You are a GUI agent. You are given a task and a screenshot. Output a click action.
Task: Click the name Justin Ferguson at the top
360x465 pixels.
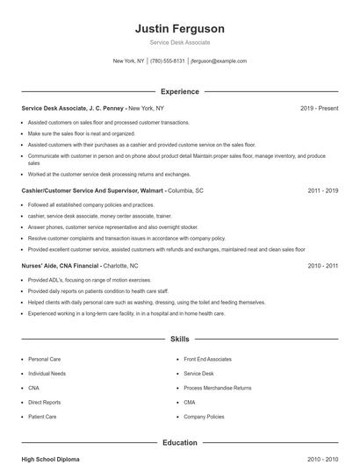pos(179,28)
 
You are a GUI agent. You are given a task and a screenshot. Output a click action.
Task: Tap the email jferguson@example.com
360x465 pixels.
pos(219,61)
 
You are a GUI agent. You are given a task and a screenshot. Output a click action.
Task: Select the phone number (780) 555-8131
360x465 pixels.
pos(168,61)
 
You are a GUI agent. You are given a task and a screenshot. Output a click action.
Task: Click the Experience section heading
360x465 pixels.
pos(179,91)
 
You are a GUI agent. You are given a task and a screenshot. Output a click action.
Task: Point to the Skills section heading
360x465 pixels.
pos(179,338)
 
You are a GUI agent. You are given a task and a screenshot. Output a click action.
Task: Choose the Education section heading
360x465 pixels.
pos(179,443)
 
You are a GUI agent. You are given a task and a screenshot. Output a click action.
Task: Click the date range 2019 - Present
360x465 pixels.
pos(319,108)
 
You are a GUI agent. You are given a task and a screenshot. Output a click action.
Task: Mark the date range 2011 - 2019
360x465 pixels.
pos(322,190)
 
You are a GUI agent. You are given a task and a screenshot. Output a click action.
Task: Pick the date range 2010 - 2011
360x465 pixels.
pos(322,265)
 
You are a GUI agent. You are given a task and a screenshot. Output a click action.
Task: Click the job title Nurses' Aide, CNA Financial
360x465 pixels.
pos(61,265)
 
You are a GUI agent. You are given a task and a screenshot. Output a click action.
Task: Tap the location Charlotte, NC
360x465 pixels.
pos(121,265)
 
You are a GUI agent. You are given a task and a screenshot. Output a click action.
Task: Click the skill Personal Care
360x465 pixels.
pos(44,359)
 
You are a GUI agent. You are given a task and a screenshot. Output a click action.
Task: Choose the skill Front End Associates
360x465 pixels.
pos(207,359)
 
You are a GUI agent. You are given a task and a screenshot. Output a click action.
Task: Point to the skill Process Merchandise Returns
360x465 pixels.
pos(217,388)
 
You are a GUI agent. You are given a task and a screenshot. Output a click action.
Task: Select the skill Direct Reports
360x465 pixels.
pos(45,402)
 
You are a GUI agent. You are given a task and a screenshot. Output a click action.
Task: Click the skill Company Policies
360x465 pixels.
pos(204,417)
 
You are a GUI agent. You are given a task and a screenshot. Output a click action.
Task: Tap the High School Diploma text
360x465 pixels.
pos(52,459)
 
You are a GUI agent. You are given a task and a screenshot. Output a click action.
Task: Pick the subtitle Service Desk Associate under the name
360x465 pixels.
pos(179,42)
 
